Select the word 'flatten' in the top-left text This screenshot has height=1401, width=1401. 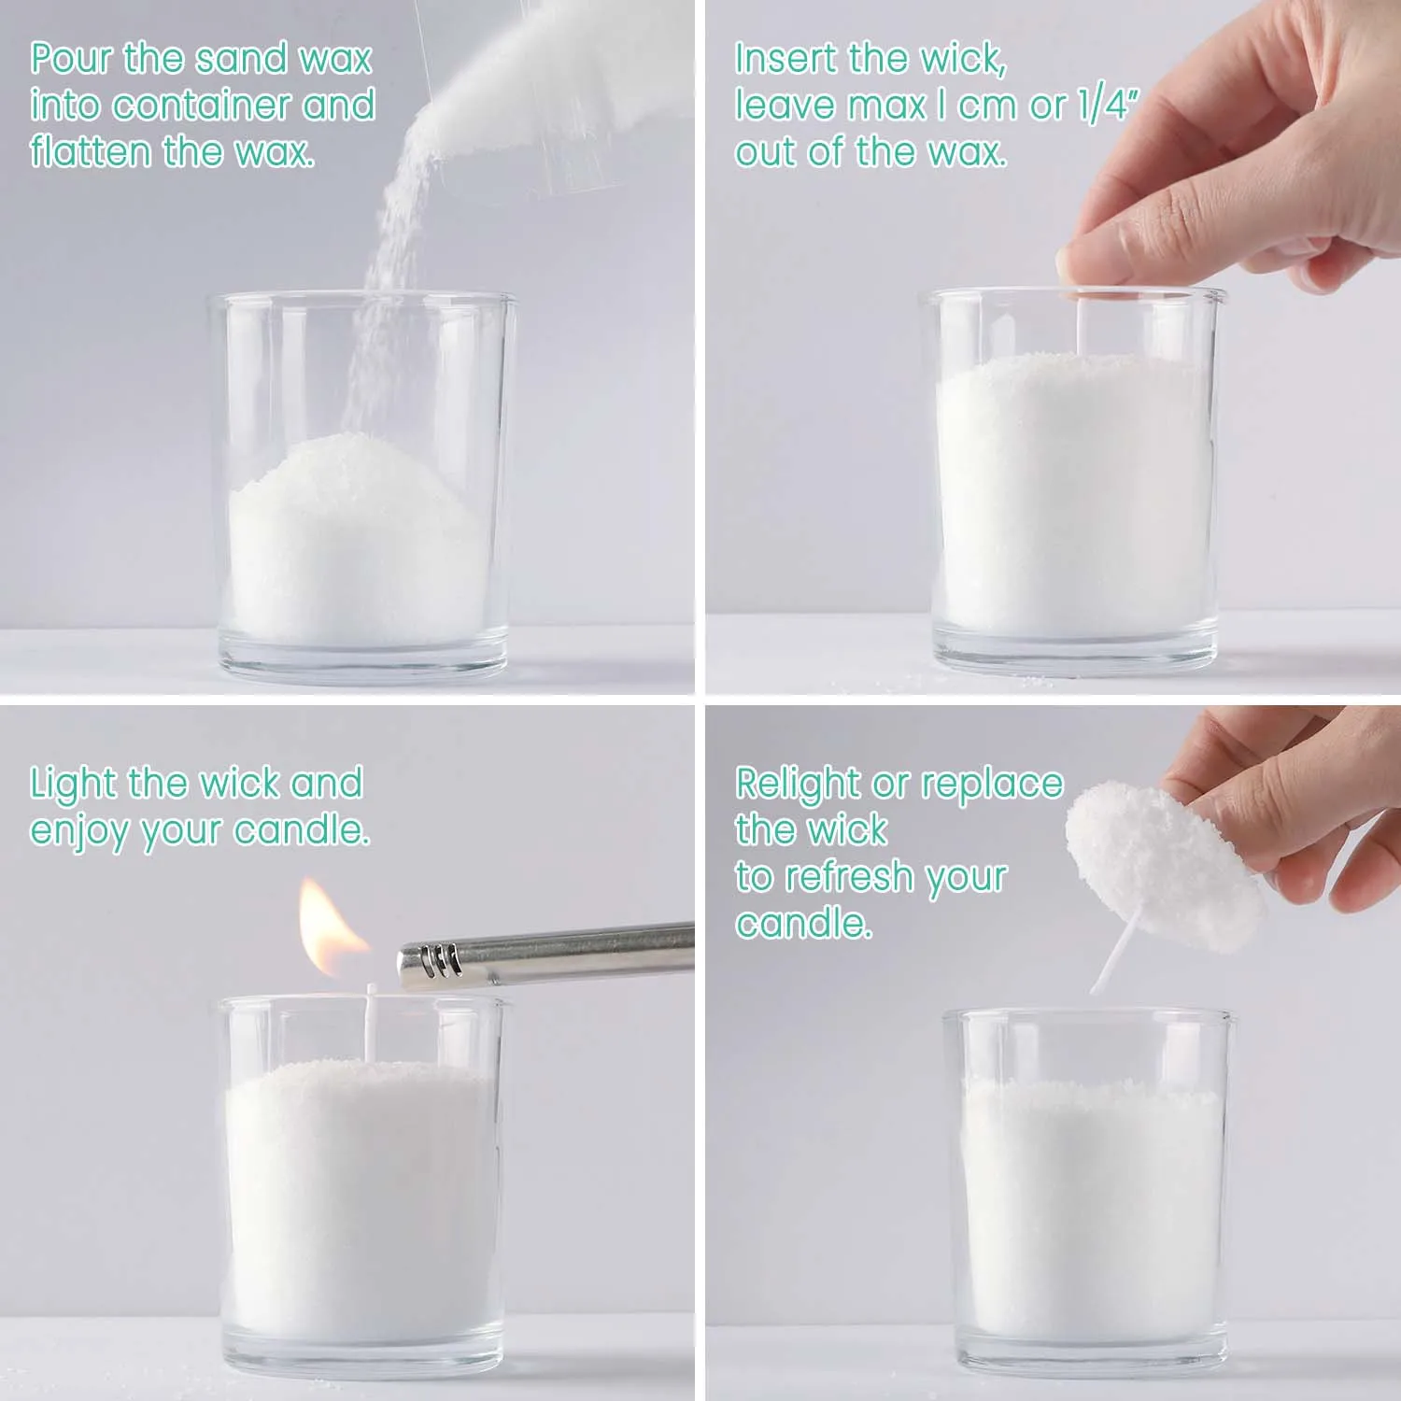pyautogui.click(x=89, y=151)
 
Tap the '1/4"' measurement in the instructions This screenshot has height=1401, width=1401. pyautogui.click(x=1107, y=105)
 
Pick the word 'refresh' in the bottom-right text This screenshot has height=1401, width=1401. pyautogui.click(x=845, y=877)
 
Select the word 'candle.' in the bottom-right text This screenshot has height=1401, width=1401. pyautogui.click(x=803, y=924)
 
